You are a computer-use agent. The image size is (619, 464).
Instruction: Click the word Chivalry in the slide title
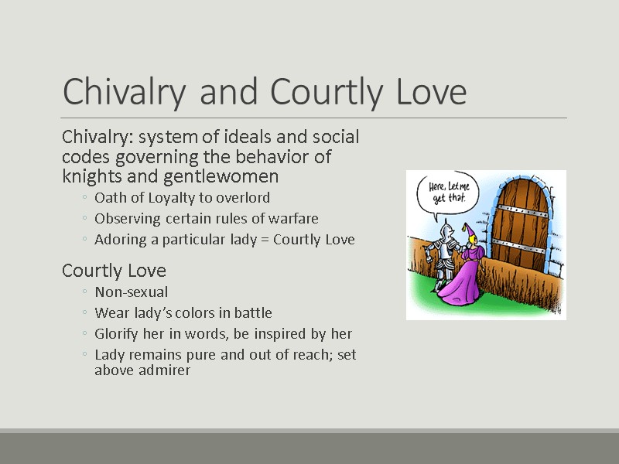[126, 93]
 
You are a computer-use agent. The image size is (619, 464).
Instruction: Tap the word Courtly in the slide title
[309, 93]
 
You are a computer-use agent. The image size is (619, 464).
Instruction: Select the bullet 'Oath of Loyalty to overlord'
[182, 198]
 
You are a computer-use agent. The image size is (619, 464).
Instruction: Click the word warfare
[294, 219]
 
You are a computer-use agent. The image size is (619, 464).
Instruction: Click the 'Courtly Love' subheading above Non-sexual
[114, 271]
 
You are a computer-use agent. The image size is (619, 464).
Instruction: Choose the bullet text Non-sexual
[131, 292]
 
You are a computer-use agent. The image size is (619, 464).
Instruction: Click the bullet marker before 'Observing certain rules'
[84, 220]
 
